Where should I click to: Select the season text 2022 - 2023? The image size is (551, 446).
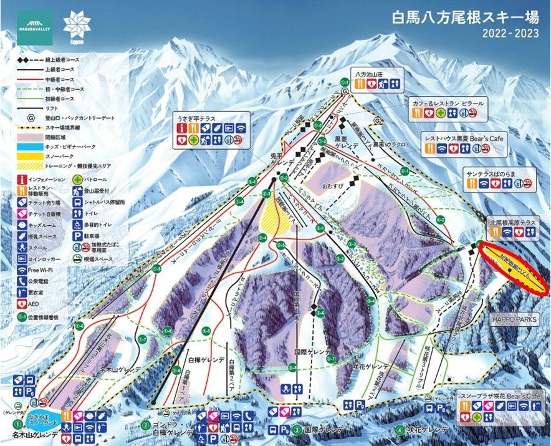510,34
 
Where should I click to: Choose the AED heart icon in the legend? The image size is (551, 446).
23,303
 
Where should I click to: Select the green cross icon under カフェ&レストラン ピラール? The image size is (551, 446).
440,113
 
